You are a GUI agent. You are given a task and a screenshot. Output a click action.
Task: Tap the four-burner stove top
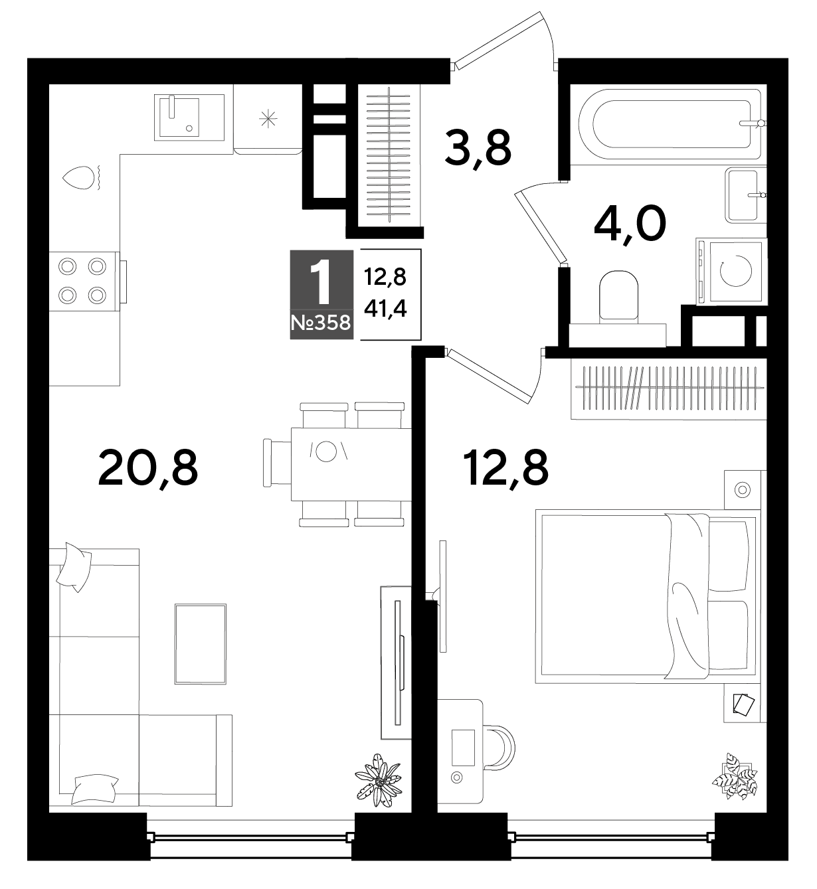coord(84,282)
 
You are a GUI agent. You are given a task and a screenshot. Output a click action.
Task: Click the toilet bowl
coord(619,296)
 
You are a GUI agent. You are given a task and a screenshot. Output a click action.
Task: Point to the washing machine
coord(731,272)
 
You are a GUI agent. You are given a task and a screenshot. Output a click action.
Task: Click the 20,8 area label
coord(147,469)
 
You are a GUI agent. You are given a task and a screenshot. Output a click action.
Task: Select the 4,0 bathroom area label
coord(630,224)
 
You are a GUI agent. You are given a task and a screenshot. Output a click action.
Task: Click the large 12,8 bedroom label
coord(505,469)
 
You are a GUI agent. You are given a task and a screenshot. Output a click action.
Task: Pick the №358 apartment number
coord(321,323)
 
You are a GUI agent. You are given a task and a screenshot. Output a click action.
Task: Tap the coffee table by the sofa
coord(201,643)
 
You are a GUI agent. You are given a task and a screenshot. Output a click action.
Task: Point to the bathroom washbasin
coord(746,195)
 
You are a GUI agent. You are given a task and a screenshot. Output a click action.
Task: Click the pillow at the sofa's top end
coord(74,567)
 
